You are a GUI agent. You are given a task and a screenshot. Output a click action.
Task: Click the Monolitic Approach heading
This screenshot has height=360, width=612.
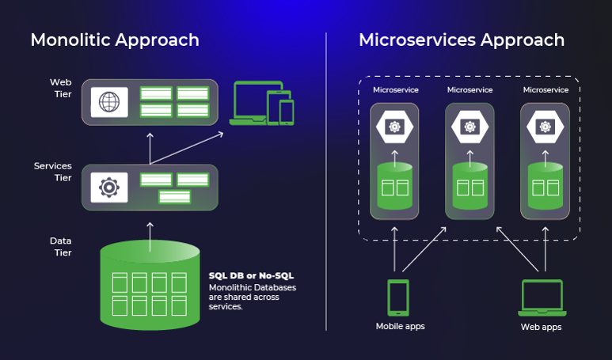115,40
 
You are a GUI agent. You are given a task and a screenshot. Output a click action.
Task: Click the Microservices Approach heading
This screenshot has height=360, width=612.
462,40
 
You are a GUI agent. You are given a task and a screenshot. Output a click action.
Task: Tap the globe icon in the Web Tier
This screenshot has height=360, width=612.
109,102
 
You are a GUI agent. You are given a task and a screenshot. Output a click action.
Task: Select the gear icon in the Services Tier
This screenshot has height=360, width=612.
109,188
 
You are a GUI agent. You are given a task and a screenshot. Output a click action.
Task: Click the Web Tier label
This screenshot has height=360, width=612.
61,88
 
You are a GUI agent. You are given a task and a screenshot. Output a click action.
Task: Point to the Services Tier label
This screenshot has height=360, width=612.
53,172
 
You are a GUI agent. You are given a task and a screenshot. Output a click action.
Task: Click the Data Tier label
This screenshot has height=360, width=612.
63,247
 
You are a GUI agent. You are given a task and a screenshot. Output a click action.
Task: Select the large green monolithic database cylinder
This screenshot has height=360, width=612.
150,285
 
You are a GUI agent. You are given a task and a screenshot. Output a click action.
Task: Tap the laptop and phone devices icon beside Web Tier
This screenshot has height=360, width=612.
262,104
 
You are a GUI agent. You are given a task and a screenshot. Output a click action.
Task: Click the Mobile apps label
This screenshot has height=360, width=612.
397,326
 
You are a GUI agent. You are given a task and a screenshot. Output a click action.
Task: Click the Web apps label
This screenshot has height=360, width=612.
542,326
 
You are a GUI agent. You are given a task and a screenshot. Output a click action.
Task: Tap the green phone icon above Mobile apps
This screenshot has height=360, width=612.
397,297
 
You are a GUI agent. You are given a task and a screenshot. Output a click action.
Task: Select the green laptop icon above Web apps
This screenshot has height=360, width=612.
542,298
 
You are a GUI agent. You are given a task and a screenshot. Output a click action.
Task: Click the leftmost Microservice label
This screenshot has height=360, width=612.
396,90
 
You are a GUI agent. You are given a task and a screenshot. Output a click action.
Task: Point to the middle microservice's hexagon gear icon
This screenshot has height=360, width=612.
469,126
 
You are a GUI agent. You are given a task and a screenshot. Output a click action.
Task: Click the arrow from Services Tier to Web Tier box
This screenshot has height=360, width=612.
150,145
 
